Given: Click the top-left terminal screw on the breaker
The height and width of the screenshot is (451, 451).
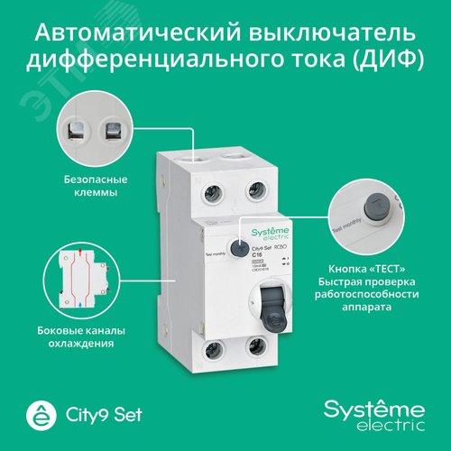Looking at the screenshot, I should tap(216, 193).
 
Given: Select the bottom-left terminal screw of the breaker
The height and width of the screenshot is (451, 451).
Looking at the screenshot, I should tap(216, 347).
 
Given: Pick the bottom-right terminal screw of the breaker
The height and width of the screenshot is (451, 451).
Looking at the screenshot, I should tap(257, 347).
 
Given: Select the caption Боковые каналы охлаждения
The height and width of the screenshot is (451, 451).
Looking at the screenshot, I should tap(88, 337).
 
